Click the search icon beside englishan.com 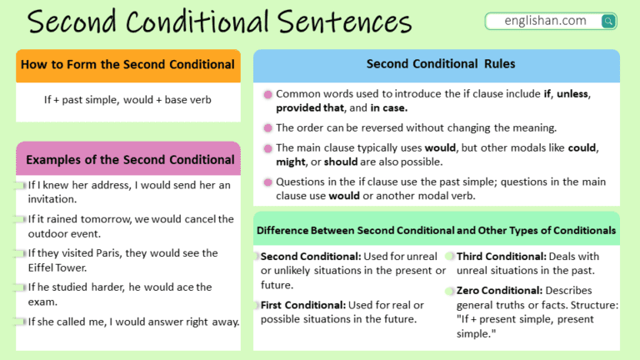pos(607,21)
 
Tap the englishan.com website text pos(545,20)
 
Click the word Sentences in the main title pos(344,22)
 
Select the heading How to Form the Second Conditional pos(127,64)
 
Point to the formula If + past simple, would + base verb pos(127,100)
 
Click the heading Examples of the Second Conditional pos(130,160)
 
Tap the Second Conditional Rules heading pos(441,63)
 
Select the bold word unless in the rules pos(572,94)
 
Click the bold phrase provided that pos(310,107)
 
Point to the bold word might pos(291,162)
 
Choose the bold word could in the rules pos(582,147)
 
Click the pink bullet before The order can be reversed pos(267,128)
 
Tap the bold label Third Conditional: pos(501,257)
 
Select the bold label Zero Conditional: pos(499,290)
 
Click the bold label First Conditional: pos(303,305)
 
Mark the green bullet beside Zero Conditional pos(449,291)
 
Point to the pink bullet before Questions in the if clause pos(267,182)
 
